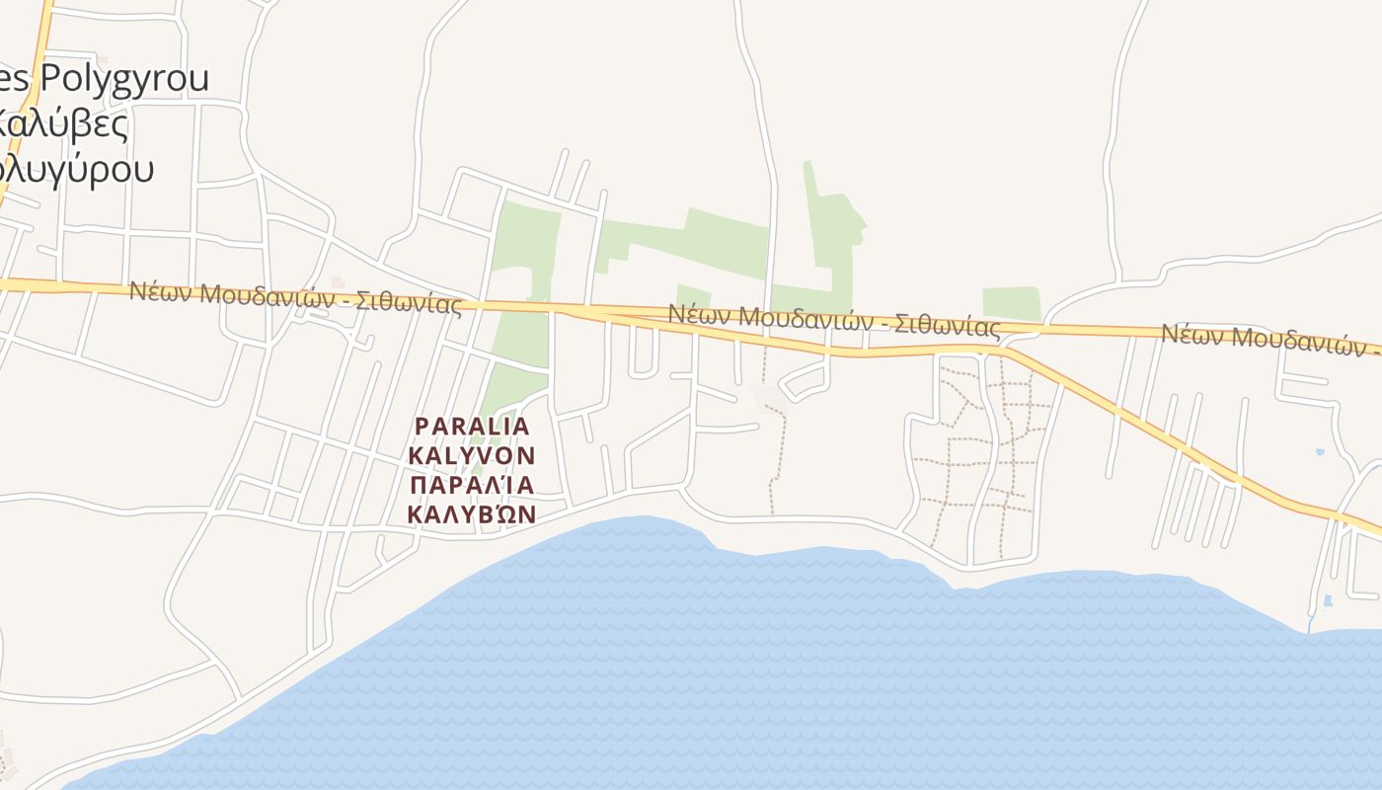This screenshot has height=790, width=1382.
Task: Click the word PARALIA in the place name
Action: (472, 426)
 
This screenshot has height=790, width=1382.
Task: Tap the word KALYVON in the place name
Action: (472, 455)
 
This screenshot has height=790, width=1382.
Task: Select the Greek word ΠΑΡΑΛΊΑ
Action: (472, 485)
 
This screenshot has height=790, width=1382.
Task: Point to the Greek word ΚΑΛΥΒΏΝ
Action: (472, 514)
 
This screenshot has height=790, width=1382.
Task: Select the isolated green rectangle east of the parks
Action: (1011, 303)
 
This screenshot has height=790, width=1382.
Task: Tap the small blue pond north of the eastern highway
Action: (1321, 452)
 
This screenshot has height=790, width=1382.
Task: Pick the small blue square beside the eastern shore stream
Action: (1328, 600)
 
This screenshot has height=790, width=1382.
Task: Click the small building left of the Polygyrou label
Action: (103, 60)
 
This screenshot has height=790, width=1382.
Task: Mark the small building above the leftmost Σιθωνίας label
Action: (339, 282)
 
